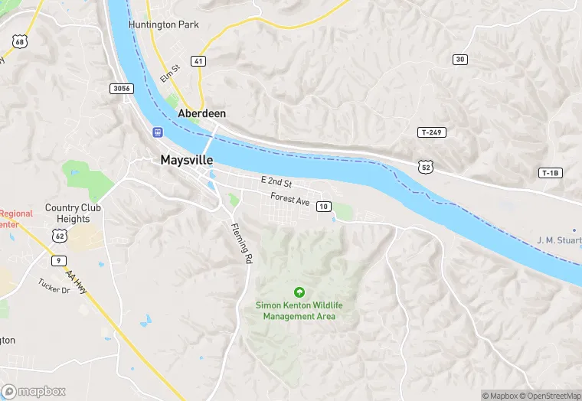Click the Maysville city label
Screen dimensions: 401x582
tap(187, 161)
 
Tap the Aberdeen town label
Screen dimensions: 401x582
tap(201, 112)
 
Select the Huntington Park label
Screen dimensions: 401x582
tap(164, 24)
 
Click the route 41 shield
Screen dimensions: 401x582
tap(198, 60)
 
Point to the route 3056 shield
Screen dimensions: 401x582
tap(122, 89)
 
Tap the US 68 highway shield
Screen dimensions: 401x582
tap(19, 41)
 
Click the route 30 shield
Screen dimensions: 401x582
tap(459, 59)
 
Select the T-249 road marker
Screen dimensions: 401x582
tap(432, 132)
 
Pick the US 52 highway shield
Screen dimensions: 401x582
tap(425, 165)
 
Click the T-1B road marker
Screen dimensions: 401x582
tap(550, 173)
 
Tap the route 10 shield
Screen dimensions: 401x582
tap(324, 207)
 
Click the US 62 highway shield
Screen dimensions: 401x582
tap(60, 236)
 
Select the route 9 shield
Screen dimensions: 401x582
tap(58, 261)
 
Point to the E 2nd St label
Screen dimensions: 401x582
tap(276, 182)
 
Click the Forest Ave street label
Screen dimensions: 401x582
tap(289, 200)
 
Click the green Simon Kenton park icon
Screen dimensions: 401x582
tap(299, 292)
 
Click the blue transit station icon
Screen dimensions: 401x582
tap(157, 131)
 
